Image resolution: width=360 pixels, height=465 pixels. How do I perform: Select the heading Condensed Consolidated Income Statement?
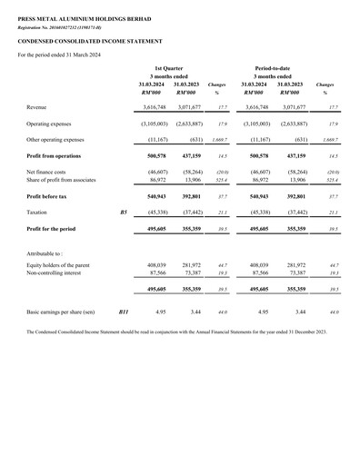click(x=80, y=42)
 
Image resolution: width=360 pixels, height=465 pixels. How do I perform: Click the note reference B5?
click(x=124, y=211)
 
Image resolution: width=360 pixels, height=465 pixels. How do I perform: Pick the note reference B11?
click(x=124, y=312)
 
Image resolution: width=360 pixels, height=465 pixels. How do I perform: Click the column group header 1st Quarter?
click(x=170, y=68)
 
